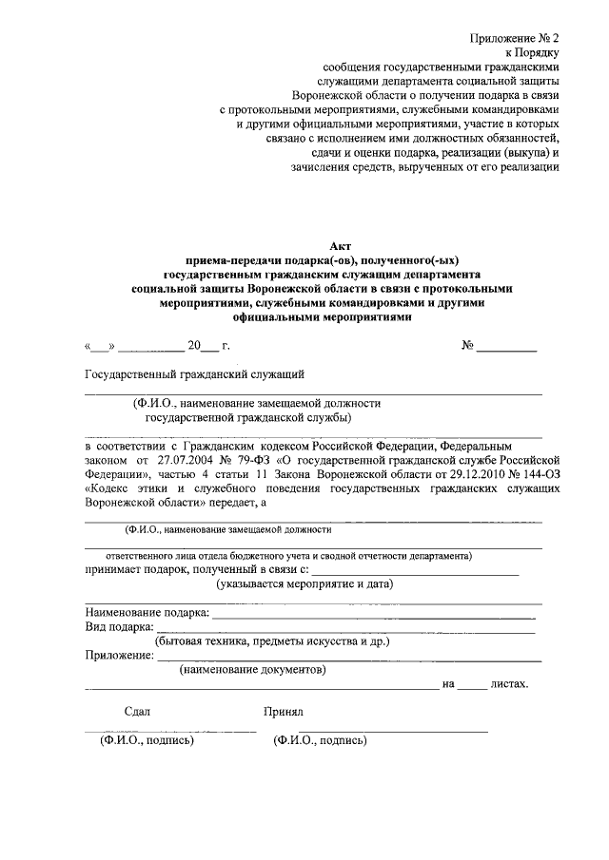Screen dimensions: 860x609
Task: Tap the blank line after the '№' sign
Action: click(x=506, y=350)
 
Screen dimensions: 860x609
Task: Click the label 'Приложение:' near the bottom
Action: click(x=119, y=655)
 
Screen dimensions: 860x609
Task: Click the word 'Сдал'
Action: click(x=137, y=711)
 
